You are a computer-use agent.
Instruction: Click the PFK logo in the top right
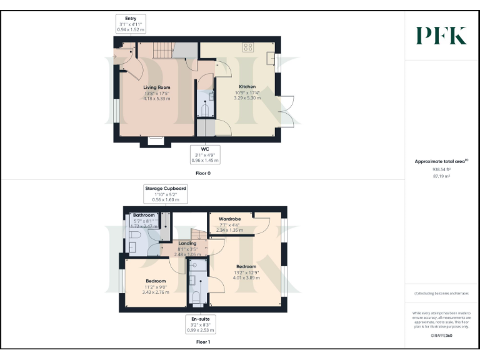pyautogui.click(x=441, y=36)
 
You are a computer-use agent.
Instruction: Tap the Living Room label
pyautogui.click(x=157, y=87)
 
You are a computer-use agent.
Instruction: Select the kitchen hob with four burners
pyautogui.click(x=248, y=46)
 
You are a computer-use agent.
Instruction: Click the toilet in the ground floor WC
pyautogui.click(x=205, y=109)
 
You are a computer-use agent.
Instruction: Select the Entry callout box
pyautogui.click(x=131, y=24)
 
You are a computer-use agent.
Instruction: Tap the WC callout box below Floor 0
pyautogui.click(x=204, y=155)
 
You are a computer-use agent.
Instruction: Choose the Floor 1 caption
pyautogui.click(x=203, y=342)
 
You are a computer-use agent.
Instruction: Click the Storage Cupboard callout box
pyautogui.click(x=166, y=194)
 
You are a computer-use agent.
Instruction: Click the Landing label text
pyautogui.click(x=187, y=243)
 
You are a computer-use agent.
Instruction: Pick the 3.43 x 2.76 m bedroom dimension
pyautogui.click(x=156, y=292)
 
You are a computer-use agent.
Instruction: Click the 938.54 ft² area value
pyautogui.click(x=441, y=169)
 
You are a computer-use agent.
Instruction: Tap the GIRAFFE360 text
pyautogui.click(x=441, y=336)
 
